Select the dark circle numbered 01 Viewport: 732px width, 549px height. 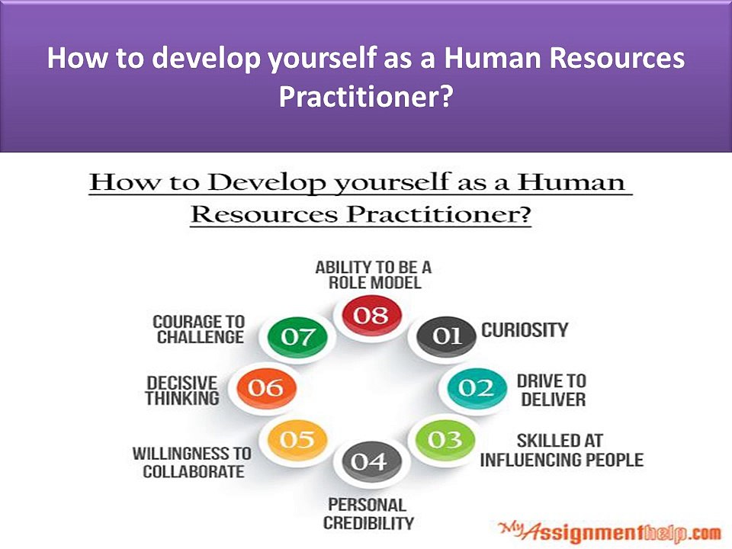click(446, 335)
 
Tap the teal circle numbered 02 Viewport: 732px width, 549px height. click(477, 388)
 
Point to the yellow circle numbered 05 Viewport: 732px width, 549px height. click(297, 440)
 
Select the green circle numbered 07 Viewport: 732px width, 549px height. click(297, 336)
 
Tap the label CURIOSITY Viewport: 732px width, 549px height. click(525, 330)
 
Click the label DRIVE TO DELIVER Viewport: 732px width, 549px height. click(552, 390)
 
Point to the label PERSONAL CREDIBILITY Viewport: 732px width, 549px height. click(368, 514)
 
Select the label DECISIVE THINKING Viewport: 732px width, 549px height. click(182, 390)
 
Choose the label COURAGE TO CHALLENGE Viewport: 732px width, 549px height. click(199, 329)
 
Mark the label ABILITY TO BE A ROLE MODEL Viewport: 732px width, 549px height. click(374, 275)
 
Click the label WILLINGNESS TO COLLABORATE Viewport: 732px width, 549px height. click(192, 462)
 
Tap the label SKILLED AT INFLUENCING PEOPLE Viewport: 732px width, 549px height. click(562, 451)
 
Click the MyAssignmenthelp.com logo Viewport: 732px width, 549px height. click(610, 531)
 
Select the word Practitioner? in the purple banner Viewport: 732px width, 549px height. click(365, 97)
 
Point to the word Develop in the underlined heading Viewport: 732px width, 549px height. click(266, 182)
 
